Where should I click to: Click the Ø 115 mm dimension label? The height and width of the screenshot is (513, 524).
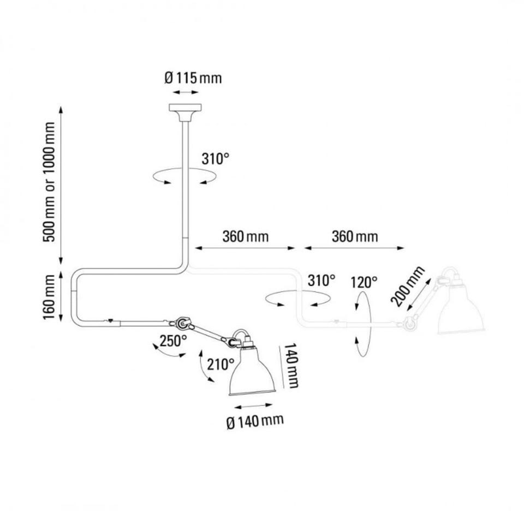tap(193, 78)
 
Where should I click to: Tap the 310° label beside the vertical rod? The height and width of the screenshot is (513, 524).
tap(215, 159)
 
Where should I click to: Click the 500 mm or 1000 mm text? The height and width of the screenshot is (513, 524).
tap(50, 183)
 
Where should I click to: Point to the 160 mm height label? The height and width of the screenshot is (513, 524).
tap(50, 297)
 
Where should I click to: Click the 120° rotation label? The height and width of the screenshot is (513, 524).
tap(364, 282)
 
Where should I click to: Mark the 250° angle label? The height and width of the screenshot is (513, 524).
tap(174, 341)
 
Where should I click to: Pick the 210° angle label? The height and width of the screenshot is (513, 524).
tap(220, 364)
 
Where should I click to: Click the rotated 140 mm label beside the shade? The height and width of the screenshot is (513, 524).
tap(292, 366)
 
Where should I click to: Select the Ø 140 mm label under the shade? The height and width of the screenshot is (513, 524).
tap(254, 420)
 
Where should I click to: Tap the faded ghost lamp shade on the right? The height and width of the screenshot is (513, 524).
tap(461, 311)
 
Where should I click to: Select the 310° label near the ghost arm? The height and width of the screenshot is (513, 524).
tap(321, 281)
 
